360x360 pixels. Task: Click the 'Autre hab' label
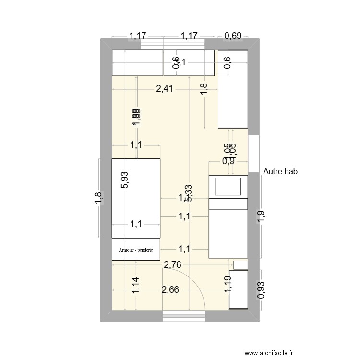(280, 171)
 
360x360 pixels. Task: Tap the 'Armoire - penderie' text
(136, 250)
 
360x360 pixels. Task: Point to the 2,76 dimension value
(173, 264)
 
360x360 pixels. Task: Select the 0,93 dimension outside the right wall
(261, 290)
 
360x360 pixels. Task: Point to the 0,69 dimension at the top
(233, 36)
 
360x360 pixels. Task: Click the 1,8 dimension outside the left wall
(98, 198)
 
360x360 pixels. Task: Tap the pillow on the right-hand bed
(228, 187)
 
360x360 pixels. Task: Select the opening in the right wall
(254, 154)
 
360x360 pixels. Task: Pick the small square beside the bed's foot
(240, 264)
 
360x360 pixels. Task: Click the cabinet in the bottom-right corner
(239, 289)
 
